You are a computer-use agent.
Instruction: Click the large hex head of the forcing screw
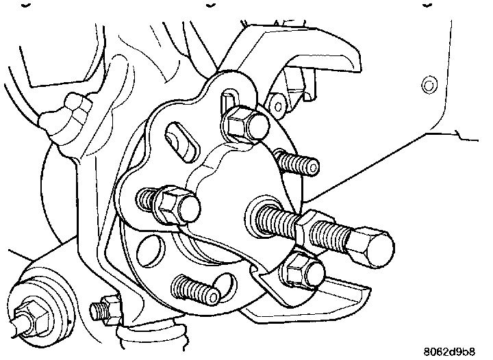(373, 244)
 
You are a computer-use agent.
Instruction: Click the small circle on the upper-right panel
(429, 86)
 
